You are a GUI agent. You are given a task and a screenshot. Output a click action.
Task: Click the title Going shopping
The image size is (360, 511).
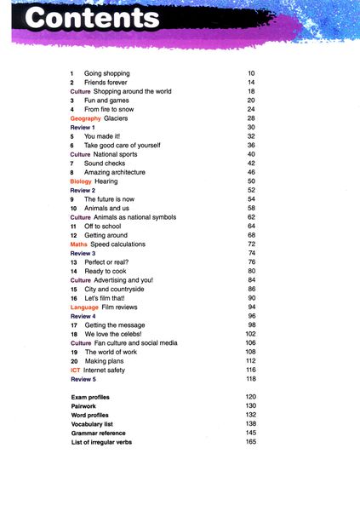pyautogui.click(x=106, y=73)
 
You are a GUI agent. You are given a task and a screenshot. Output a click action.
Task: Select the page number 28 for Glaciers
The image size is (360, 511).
pyautogui.click(x=251, y=118)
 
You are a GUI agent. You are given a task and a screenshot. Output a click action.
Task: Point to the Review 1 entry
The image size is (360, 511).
pyautogui.click(x=83, y=127)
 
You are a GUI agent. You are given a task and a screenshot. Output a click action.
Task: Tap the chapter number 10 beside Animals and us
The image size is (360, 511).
pyautogui.click(x=74, y=208)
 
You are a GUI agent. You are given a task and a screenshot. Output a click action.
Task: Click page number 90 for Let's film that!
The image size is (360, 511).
pyautogui.click(x=251, y=298)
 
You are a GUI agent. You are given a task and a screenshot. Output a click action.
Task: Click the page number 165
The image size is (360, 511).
pyautogui.click(x=250, y=442)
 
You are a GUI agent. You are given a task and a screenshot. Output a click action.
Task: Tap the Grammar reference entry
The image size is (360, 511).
pyautogui.click(x=101, y=433)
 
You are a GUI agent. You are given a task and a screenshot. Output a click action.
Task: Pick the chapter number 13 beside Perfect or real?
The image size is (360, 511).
pyautogui.click(x=74, y=262)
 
